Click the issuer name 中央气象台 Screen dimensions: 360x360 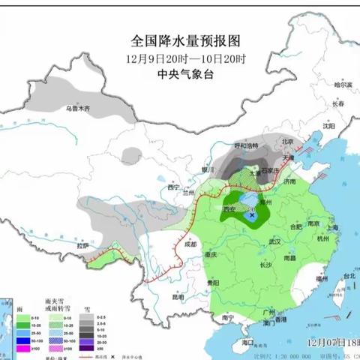(180, 73)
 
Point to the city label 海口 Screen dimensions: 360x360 (249, 341)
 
